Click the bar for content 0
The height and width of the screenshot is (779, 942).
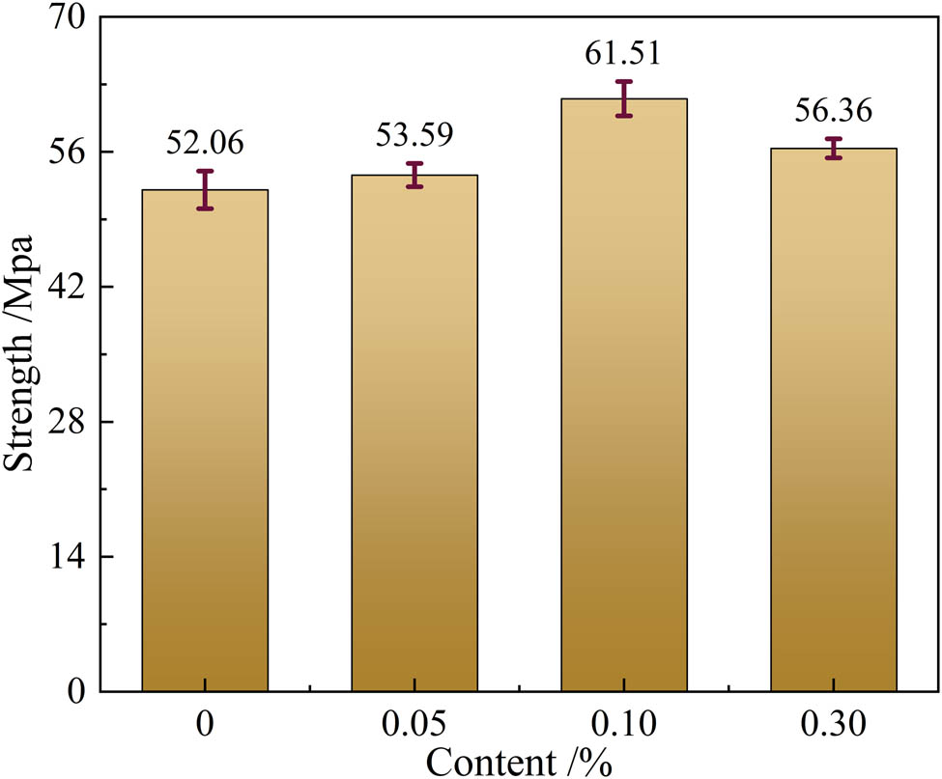pyautogui.click(x=205, y=440)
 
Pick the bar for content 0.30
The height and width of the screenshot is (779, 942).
pyautogui.click(x=833, y=419)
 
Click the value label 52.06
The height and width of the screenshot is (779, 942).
pyautogui.click(x=205, y=144)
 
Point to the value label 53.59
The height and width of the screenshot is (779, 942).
pyautogui.click(x=414, y=134)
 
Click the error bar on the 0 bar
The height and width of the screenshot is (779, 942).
pyautogui.click(x=205, y=189)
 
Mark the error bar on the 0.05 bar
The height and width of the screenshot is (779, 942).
pyautogui.click(x=414, y=175)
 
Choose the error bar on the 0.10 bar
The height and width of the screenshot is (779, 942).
pyautogui.click(x=623, y=98)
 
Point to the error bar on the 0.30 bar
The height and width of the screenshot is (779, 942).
pyautogui.click(x=833, y=148)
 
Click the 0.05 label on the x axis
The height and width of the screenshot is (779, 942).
pyautogui.click(x=414, y=722)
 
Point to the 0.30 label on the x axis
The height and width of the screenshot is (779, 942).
pyautogui.click(x=833, y=722)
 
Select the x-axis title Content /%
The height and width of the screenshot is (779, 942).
pyautogui.click(x=519, y=760)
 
